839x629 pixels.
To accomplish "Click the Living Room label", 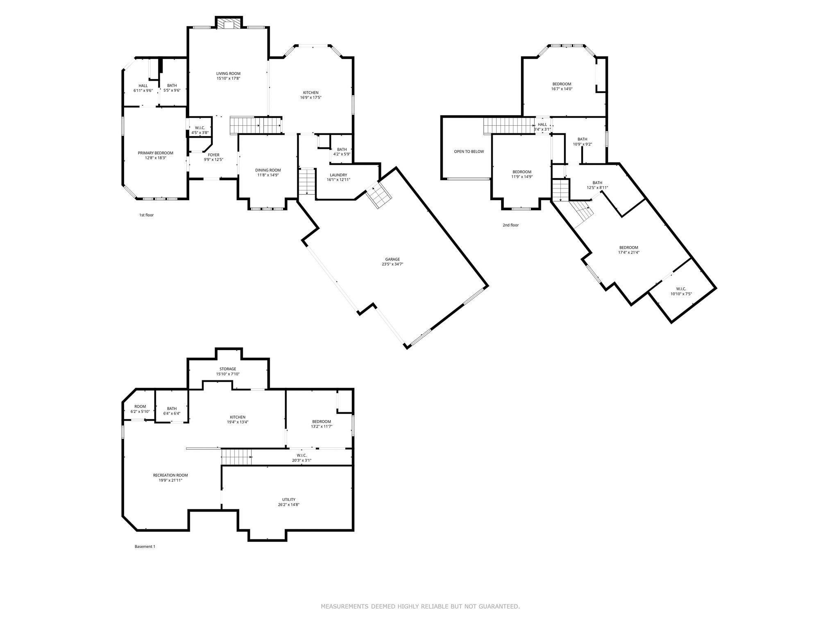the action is click(228, 74).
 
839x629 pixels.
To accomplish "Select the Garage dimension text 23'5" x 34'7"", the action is click(392, 264).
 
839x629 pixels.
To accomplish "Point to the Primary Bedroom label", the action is click(155, 153).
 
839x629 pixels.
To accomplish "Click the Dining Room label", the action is click(268, 170).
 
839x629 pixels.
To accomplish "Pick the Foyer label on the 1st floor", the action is click(213, 155).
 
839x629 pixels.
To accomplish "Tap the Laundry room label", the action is click(338, 175).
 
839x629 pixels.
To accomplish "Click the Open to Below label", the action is click(469, 152).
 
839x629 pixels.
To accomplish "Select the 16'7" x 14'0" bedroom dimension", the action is click(562, 89).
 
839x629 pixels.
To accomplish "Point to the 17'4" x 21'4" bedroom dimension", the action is click(628, 253).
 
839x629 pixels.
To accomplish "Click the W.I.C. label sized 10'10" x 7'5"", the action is click(681, 289).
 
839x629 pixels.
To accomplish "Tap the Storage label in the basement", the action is click(227, 369).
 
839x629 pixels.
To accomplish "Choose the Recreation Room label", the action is click(170, 475).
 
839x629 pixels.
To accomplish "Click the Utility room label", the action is click(289, 500).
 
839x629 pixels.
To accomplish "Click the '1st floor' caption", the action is click(146, 215).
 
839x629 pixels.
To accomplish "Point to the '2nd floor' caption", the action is click(510, 225).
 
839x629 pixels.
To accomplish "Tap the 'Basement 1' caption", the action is click(145, 547).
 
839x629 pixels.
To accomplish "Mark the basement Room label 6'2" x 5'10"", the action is click(140, 407).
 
